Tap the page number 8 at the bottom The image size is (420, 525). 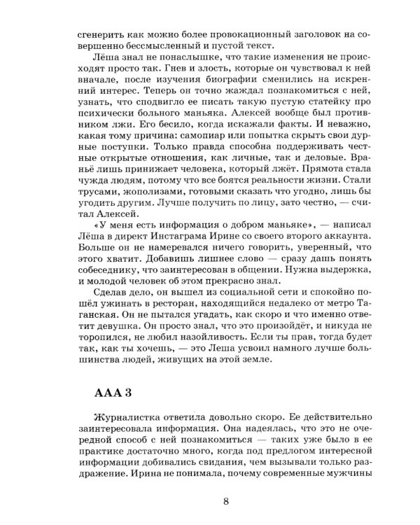[225, 500]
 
